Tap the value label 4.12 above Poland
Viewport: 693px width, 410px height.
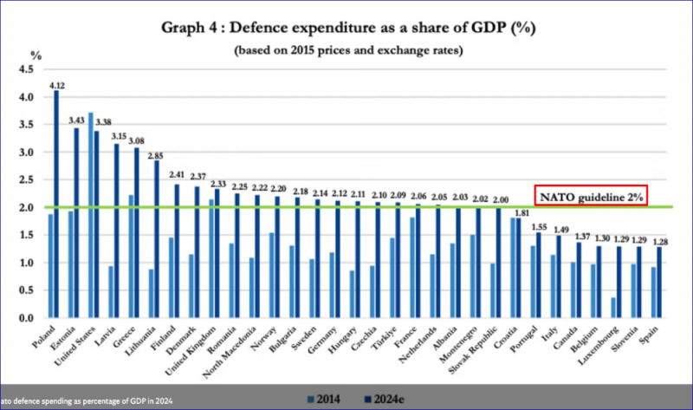tap(58, 85)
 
